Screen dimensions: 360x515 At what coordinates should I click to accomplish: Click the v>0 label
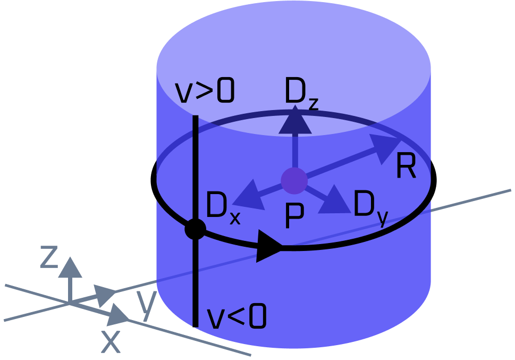tap(205, 93)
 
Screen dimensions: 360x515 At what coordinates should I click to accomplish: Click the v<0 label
tap(237, 318)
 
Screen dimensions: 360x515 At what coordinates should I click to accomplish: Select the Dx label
tap(222, 208)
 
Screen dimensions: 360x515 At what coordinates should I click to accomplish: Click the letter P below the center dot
tap(294, 216)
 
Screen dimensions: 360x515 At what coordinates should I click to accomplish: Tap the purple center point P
tap(294, 180)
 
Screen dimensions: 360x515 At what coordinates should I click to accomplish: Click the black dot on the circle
tap(195, 229)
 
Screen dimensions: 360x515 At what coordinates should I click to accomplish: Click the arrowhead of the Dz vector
tap(295, 120)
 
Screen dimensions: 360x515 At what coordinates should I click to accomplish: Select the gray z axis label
tap(49, 256)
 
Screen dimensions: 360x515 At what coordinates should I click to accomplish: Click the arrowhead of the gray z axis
tap(70, 266)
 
